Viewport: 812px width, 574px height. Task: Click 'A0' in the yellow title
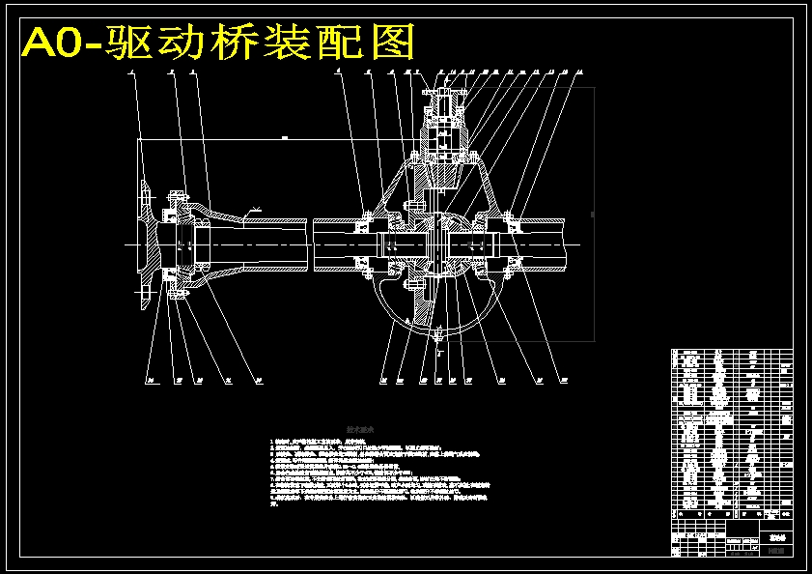[x=53, y=43]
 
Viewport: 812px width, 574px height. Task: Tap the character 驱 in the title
[x=126, y=43]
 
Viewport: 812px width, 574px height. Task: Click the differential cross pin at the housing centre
[x=440, y=243]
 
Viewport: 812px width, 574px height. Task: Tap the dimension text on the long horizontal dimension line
[x=285, y=138]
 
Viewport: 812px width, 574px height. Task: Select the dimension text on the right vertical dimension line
[x=592, y=214]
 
